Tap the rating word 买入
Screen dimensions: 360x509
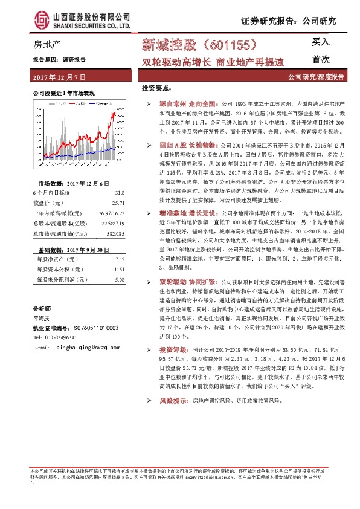tap(320, 42)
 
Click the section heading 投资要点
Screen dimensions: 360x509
tap(156, 89)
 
